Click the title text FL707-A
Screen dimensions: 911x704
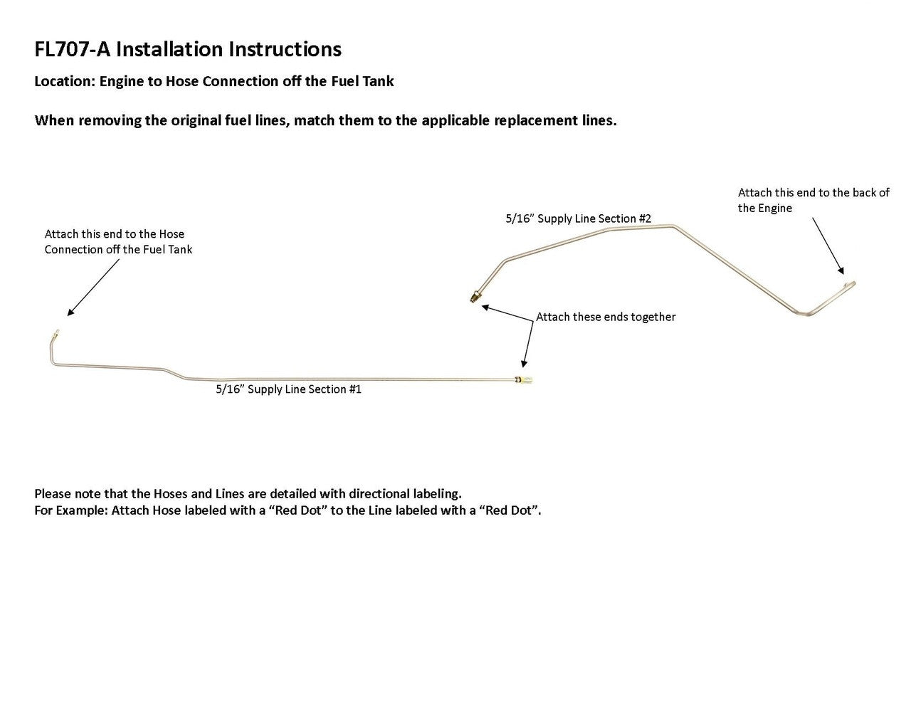click(72, 49)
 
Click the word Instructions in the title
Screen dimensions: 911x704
click(285, 49)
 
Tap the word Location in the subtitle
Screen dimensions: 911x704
click(65, 81)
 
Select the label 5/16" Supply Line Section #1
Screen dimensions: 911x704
click(288, 389)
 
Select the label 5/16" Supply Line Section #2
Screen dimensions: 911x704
click(579, 219)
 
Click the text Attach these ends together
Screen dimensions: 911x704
click(606, 317)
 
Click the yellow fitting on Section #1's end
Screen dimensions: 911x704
click(525, 380)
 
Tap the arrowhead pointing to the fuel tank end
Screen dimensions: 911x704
click(70, 312)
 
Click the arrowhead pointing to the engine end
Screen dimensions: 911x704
click(841, 271)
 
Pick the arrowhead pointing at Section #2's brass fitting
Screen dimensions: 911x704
click(485, 308)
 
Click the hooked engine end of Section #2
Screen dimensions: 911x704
click(851, 285)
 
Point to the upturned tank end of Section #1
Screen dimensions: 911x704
click(56, 333)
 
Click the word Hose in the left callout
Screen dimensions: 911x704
click(172, 234)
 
